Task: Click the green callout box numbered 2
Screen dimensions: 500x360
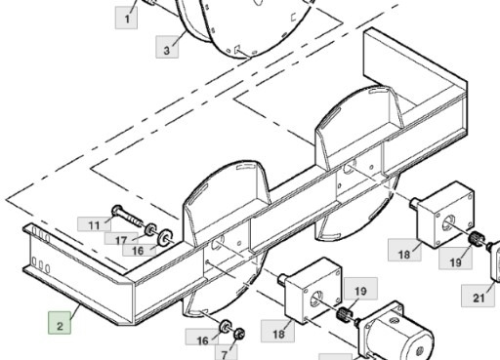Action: [x=60, y=323]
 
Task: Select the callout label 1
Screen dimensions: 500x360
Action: [x=126, y=19]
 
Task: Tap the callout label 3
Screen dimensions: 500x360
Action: [x=167, y=47]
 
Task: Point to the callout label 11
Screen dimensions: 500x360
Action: [x=94, y=224]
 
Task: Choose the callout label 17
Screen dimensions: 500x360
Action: [x=121, y=239]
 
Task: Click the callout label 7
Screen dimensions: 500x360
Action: [x=226, y=353]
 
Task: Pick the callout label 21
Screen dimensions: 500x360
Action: [x=478, y=296]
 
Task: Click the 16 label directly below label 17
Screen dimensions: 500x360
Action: [x=139, y=250]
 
